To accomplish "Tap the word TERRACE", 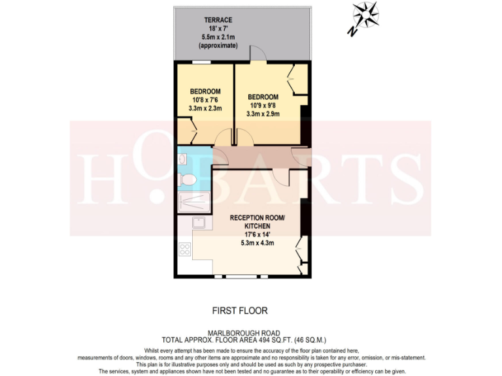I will [218, 20].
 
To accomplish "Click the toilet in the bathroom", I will [187, 178].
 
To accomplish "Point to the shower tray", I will [193, 202].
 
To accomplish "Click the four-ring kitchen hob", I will [184, 249].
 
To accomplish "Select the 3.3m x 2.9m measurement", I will [263, 114].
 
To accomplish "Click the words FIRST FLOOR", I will [240, 311].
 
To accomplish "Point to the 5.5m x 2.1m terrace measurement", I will [218, 37].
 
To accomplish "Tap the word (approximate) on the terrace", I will [218, 46].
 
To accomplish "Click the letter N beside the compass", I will [352, 31].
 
